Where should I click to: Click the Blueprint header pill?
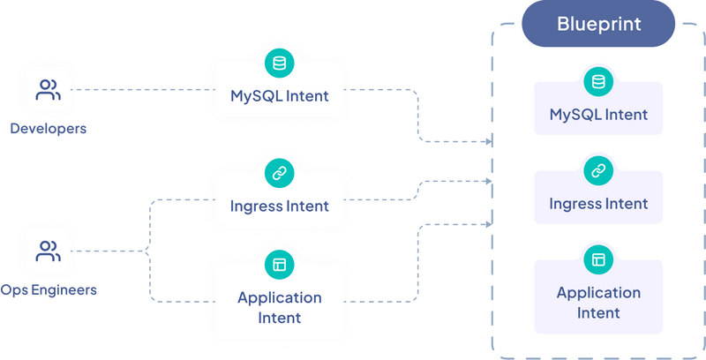pyautogui.click(x=598, y=24)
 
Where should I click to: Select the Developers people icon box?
pyautogui.click(x=48, y=90)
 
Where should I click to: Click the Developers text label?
pyautogui.click(x=48, y=128)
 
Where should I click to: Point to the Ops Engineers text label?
pyautogui.click(x=48, y=289)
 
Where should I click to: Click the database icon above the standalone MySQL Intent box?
pyautogui.click(x=280, y=63)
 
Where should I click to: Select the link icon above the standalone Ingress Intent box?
pyautogui.click(x=280, y=173)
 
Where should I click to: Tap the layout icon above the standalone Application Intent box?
pyautogui.click(x=280, y=264)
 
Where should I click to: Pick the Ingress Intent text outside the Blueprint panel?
pyautogui.click(x=280, y=206)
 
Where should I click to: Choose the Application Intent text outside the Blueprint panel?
pyautogui.click(x=280, y=307)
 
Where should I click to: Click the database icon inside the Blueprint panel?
pyautogui.click(x=598, y=82)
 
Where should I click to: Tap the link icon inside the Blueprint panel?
pyautogui.click(x=598, y=171)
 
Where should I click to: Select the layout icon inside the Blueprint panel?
pyautogui.click(x=598, y=259)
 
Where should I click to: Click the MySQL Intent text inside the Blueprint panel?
pyautogui.click(x=598, y=115)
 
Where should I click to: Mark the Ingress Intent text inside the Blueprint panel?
pyautogui.click(x=598, y=204)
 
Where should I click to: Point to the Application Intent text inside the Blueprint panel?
pyautogui.click(x=598, y=303)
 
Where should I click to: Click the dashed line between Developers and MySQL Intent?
pyautogui.click(x=141, y=90)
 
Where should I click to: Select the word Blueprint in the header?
pyautogui.click(x=598, y=24)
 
